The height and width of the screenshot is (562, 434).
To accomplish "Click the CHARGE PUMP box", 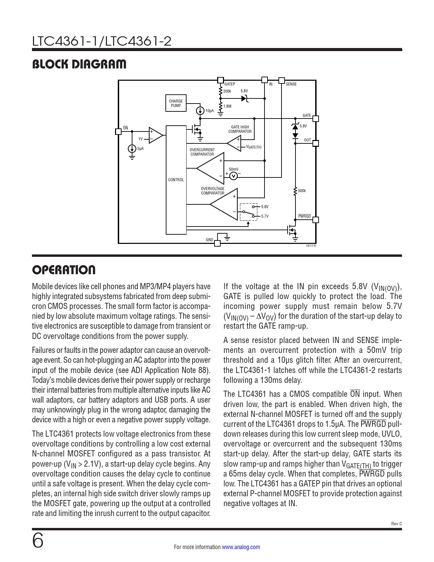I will coord(176,103).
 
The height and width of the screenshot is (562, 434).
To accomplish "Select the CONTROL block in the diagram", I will coord(176,180).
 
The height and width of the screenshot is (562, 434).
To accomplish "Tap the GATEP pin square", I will coord(221,80).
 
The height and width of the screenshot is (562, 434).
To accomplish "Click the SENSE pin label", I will coord(291,84).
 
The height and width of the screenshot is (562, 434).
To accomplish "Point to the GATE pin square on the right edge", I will coord(316,119).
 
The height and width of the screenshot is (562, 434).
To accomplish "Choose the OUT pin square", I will coord(316,143).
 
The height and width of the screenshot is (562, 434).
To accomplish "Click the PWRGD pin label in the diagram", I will coord(305,216).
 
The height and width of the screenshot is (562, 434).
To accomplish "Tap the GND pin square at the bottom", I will coord(217,243).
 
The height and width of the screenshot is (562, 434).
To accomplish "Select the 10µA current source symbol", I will coord(200,111).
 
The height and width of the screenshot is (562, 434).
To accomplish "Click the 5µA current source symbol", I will coord(132,149).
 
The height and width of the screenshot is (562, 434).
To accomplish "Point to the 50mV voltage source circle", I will coord(234,176).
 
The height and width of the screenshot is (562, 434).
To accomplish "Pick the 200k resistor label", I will coord(227,91).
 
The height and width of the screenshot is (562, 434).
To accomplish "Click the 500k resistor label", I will coord(302,191).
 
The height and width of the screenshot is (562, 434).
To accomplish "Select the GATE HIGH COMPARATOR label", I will coord(240,129).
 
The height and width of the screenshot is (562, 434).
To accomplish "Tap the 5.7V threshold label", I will coord(264,216).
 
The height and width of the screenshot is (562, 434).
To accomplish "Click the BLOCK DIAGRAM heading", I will coord(79,64).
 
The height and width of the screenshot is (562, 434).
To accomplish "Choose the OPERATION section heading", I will coord(64,270).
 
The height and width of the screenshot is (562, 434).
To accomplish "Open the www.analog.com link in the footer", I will coord(241,547).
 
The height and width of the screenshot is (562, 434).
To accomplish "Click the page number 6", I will coord(38,541).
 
